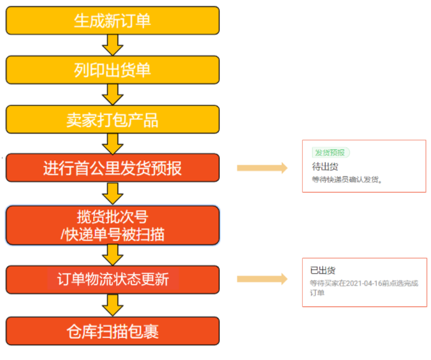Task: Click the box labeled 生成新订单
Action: tap(112, 20)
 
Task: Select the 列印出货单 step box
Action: tap(112, 70)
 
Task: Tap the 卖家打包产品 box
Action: tap(112, 119)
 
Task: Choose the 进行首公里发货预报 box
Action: tap(112, 168)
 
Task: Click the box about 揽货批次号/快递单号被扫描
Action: tap(112, 225)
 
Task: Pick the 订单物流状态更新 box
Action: tap(112, 280)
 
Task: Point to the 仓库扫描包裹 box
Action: tap(112, 331)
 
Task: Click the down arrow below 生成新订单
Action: tap(112, 45)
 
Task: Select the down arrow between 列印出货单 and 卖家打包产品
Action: tap(112, 94)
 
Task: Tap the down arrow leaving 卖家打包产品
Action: tap(112, 144)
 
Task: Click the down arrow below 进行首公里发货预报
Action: tap(112, 194)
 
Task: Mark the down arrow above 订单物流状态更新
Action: tap(112, 255)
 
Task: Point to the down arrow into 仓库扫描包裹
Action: tap(112, 305)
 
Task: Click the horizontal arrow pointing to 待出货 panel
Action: tap(262, 168)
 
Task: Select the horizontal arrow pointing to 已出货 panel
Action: tap(262, 279)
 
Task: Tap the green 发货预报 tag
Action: tap(331, 153)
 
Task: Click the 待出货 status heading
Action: tap(325, 167)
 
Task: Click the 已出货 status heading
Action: tap(323, 271)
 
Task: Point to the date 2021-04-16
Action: tap(364, 283)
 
